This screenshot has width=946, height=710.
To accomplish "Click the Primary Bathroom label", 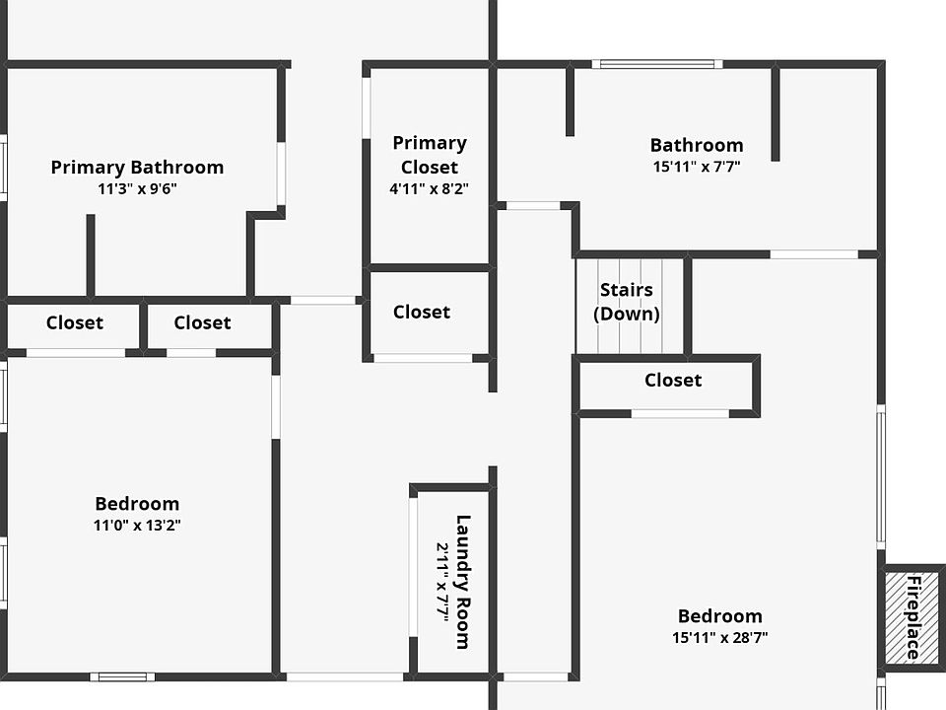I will point(137,168).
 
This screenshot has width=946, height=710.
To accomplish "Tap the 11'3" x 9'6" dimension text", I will point(137,189).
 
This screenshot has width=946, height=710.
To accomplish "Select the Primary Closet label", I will point(430,155).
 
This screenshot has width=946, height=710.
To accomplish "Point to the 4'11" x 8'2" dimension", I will point(430,187).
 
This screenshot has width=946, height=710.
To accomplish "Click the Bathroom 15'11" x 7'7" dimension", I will point(697,167).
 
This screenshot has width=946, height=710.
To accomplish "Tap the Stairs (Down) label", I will point(627,302).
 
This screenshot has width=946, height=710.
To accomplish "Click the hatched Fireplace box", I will point(913,617).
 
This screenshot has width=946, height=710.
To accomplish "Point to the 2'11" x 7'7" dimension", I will point(442,582).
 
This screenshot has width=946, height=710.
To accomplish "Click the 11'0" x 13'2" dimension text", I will point(137,526).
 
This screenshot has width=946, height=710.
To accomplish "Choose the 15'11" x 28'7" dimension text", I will point(720,638).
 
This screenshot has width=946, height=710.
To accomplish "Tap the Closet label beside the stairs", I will point(673,380).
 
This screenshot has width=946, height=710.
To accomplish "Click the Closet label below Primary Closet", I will point(422,312).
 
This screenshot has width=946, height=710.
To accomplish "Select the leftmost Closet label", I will point(75,322).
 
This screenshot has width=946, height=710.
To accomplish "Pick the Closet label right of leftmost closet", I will point(202,322).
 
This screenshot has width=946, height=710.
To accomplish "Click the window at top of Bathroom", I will point(657,65).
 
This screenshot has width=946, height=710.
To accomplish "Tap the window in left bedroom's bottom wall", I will point(122,676).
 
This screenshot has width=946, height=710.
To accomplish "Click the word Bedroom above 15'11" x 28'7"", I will point(720,616).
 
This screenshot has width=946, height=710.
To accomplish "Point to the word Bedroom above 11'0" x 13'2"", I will point(137,504).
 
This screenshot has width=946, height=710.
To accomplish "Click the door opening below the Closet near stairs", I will point(680,413).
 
